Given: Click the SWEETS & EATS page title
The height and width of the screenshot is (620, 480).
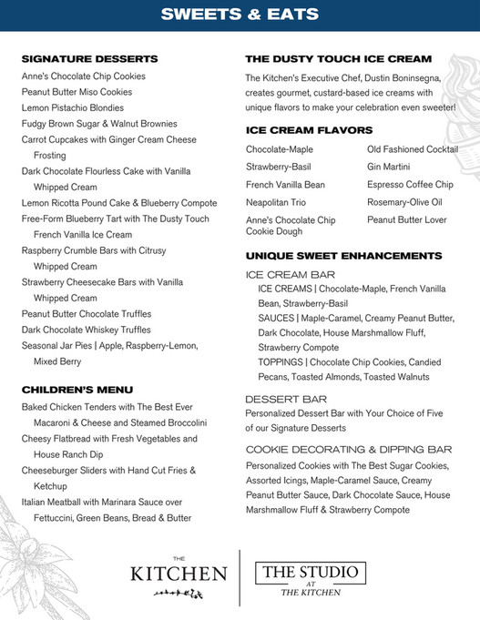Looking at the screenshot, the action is point(240,15).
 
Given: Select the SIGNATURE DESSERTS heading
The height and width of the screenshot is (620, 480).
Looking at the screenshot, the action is point(89,59).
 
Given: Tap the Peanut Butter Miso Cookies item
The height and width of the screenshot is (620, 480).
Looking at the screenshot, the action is point(77,92).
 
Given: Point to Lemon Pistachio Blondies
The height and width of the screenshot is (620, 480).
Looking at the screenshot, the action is point(73,107).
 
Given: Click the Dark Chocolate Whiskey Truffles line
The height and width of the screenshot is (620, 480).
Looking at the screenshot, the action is point(87,330).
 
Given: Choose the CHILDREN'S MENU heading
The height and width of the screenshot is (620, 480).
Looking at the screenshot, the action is point(77,389).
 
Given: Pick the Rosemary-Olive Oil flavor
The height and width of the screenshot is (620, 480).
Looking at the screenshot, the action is point(404,202).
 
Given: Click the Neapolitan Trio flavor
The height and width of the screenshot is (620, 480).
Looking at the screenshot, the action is point(279,202).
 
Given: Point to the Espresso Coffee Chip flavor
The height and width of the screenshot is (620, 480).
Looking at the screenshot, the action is point(410,185).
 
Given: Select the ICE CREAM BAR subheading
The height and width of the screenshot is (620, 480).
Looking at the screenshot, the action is point(291,273).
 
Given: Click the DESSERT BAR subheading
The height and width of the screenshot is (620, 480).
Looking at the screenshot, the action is point(286,399).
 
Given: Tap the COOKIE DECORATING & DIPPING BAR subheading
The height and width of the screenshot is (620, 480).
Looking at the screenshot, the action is point(349,449).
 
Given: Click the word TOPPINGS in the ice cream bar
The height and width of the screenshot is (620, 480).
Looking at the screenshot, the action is point(281,362).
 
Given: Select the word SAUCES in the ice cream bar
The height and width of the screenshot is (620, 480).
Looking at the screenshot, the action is point(277,318).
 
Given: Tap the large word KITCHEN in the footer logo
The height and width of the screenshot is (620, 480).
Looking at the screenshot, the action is point(179,574).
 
